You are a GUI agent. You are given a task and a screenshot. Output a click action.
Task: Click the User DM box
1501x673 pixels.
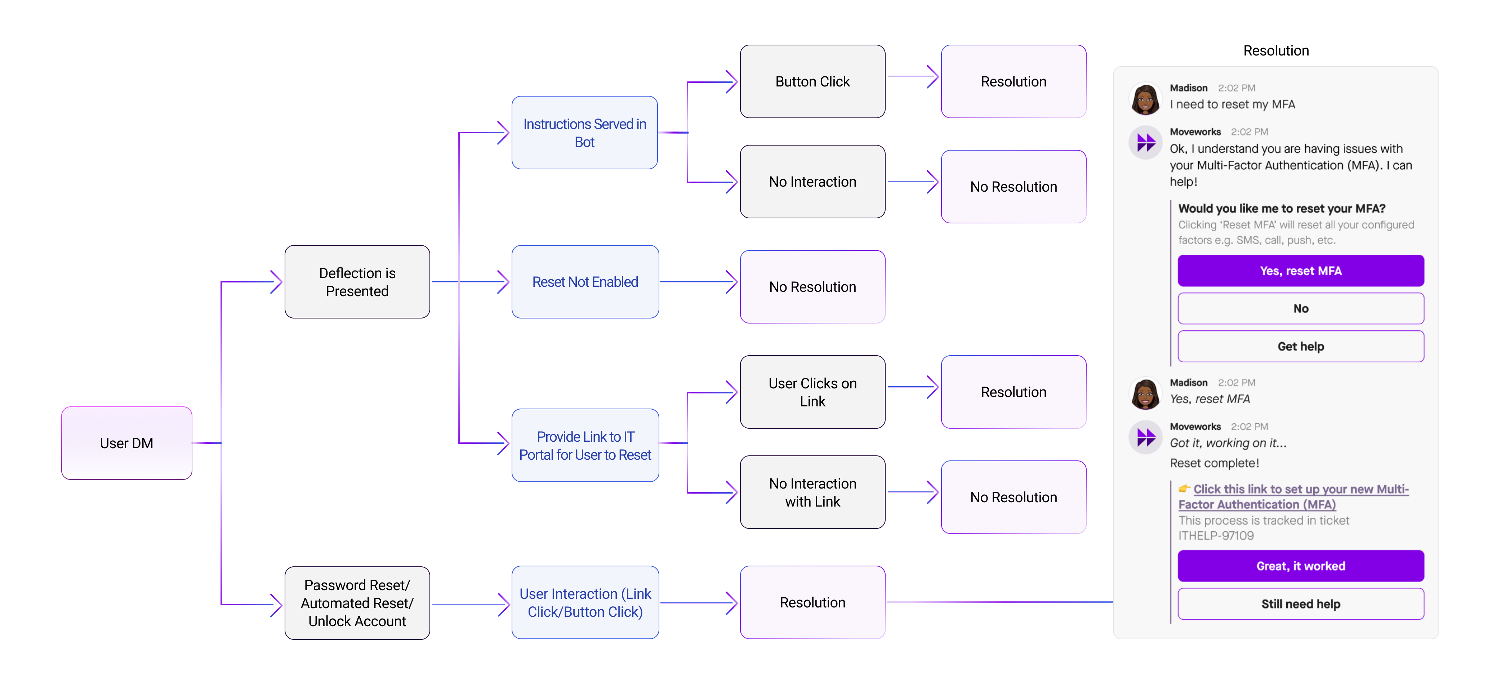click(x=126, y=443)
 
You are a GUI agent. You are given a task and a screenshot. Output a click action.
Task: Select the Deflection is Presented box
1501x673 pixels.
click(x=357, y=282)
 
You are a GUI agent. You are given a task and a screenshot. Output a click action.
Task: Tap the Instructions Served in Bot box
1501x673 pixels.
click(x=584, y=133)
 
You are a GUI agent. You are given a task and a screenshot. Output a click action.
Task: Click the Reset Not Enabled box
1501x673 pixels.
click(x=585, y=282)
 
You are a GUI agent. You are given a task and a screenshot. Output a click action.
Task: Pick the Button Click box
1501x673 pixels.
click(x=812, y=81)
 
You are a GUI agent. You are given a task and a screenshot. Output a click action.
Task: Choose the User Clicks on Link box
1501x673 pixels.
click(x=812, y=392)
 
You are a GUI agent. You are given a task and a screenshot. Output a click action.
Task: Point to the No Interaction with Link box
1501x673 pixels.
click(x=812, y=493)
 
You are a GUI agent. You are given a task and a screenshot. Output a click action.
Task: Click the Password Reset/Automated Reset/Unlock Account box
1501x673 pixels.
click(x=357, y=603)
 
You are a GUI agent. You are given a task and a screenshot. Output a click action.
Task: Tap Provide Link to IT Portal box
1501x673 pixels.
click(x=585, y=446)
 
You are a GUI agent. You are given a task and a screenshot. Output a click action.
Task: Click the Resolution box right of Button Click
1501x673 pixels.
click(x=1013, y=81)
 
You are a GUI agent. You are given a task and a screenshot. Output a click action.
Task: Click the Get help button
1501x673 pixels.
click(x=1301, y=347)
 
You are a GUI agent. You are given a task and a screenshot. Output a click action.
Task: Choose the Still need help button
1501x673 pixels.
click(x=1301, y=604)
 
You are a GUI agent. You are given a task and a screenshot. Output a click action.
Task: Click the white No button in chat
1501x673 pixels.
click(x=1301, y=309)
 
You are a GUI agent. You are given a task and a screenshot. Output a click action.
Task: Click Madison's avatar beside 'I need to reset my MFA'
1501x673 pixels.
click(x=1145, y=98)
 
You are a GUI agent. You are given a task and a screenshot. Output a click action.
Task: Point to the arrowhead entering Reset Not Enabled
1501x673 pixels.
click(x=503, y=282)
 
